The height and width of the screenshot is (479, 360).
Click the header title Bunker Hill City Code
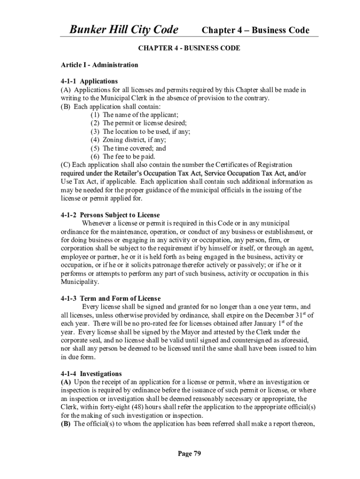tap(124, 30)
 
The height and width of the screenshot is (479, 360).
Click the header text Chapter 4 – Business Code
tap(255, 30)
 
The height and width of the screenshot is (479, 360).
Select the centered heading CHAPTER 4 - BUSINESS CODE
tap(189, 48)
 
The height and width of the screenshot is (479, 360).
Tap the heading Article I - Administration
tap(100, 65)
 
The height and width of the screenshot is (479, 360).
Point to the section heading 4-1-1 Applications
tap(89, 81)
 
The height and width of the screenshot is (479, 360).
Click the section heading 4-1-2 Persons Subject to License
tap(110, 215)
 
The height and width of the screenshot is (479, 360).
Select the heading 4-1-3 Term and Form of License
tap(111, 298)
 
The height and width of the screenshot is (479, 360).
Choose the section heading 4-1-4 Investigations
tap(91, 374)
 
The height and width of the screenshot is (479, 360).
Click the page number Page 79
tap(189, 453)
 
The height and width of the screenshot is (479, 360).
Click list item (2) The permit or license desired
tap(138, 123)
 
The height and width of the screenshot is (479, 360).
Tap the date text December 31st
tap(281, 315)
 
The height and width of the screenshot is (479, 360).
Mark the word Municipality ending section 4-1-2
tap(80, 282)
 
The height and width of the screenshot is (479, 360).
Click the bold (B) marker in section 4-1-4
tap(66, 424)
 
